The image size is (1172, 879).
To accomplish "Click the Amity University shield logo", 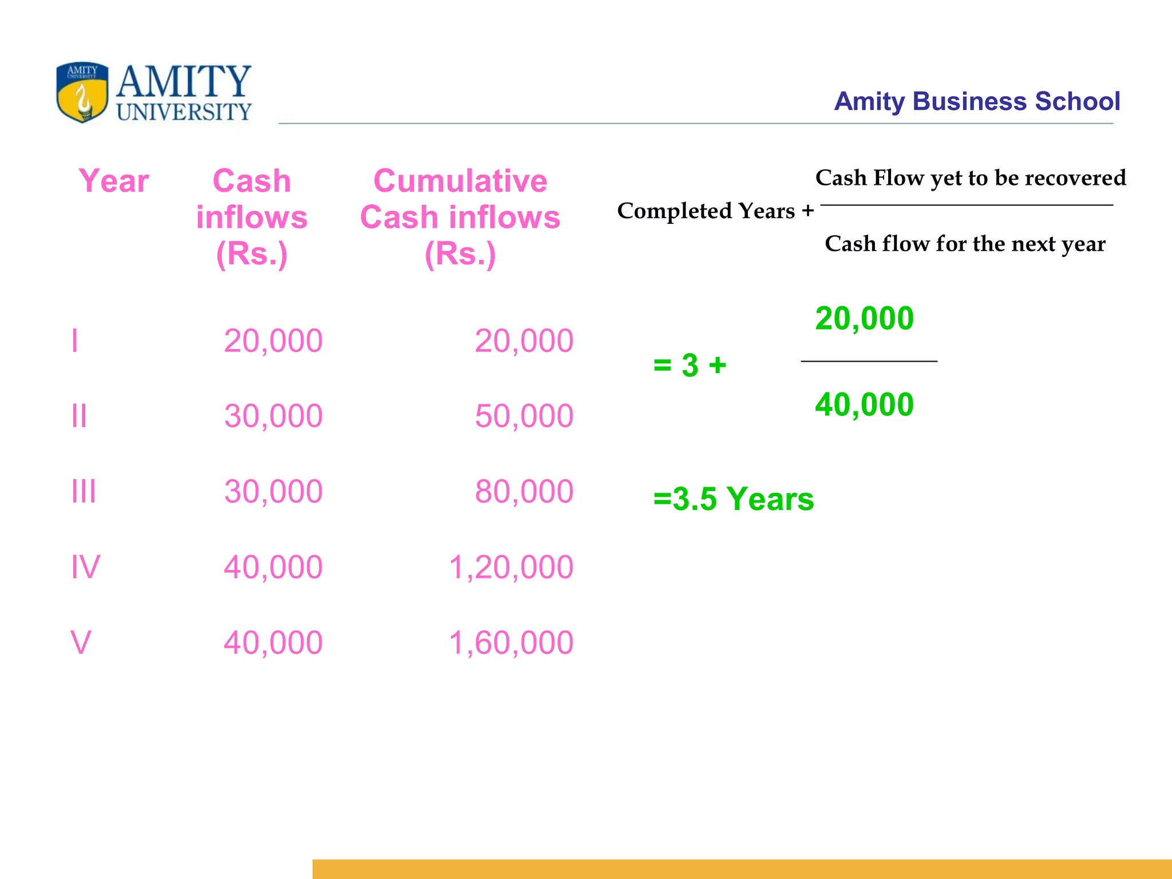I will (x=82, y=92).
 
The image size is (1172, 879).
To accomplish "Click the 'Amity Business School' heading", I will (x=976, y=101).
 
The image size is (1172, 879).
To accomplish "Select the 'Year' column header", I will (x=113, y=181).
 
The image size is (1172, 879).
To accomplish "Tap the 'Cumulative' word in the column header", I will (x=460, y=181).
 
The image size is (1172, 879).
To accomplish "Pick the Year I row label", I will (x=74, y=341).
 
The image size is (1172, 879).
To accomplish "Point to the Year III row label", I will (x=84, y=492).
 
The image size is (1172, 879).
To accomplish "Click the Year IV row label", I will (x=85, y=567).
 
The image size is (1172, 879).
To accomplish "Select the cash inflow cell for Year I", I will (x=273, y=341).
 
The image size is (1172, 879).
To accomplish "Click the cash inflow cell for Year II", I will (x=273, y=416).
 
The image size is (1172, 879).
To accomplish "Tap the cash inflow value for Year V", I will (x=273, y=643).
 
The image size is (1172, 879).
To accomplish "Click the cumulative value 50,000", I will (x=524, y=416).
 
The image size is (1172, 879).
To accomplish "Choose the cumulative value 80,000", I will (x=524, y=492).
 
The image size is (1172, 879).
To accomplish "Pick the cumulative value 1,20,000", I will (x=510, y=567).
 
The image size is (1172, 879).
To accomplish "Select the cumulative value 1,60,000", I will (x=510, y=643).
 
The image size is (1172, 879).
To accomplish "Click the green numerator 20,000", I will (x=864, y=319).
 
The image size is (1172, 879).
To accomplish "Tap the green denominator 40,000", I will (x=864, y=405).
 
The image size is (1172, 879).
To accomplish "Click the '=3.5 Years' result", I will (x=733, y=499).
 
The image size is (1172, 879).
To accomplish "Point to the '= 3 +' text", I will (x=690, y=365).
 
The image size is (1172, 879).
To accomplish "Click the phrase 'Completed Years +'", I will (x=715, y=211).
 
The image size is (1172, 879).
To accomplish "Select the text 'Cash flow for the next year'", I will (x=965, y=244).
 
